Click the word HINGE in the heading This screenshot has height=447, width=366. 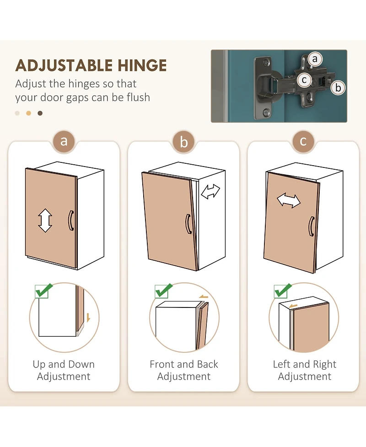point(142,65)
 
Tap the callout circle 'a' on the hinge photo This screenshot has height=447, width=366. point(315,59)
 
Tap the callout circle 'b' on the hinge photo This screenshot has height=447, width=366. point(338,88)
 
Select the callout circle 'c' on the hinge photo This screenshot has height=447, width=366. point(304,80)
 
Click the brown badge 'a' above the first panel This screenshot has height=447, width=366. point(64,141)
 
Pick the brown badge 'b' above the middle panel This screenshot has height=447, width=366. point(184,141)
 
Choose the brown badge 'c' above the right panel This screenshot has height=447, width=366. point(303,141)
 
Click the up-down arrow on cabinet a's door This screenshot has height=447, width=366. point(45,221)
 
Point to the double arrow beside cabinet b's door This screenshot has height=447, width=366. point(210,192)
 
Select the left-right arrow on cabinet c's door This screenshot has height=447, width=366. point(289,200)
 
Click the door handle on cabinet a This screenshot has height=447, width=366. point(71,221)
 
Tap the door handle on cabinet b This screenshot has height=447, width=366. point(188,224)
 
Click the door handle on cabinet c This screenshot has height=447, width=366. point(312,226)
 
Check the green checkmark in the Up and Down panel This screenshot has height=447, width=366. point(44,291)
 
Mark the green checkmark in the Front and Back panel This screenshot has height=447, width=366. point(164,291)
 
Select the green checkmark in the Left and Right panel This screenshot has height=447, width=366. point(283,291)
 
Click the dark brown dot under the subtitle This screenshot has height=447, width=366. point(40,113)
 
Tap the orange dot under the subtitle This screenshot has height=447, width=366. point(28,113)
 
